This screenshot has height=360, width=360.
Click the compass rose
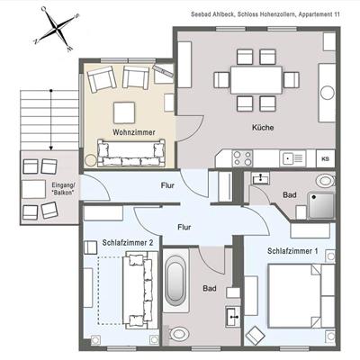[57, 29]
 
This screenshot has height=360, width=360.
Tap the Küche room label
[263, 128]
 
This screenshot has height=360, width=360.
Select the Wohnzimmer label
[134, 132]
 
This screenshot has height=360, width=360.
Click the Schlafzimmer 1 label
[292, 251]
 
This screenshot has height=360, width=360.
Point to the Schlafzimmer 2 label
[128, 242]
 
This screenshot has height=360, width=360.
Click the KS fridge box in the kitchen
[326, 158]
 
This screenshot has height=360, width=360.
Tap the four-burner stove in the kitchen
[242, 158]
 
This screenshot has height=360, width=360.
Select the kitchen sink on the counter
[292, 158]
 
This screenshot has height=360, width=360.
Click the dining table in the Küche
[256, 80]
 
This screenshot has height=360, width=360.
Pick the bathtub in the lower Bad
[175, 281]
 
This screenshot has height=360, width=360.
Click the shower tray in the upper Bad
[321, 205]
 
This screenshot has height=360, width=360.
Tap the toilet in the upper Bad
[325, 181]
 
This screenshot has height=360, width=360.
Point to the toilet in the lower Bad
[178, 334]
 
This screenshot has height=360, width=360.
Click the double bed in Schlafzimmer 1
[301, 296]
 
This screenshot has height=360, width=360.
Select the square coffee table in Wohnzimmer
[124, 112]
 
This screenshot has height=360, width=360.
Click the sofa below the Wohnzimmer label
[131, 153]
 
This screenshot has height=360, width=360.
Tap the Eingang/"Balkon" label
[63, 189]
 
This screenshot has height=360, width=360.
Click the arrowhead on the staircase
[51, 148]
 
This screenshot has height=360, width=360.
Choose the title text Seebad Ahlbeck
[212, 14]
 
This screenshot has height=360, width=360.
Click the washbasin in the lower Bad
[233, 316]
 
